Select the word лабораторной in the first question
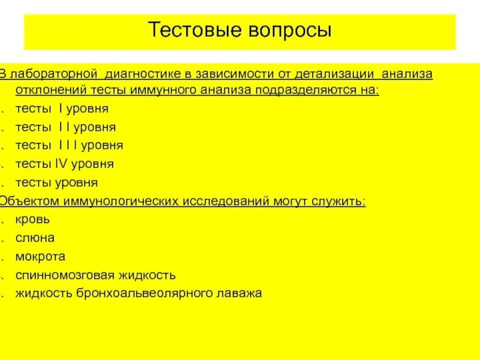pyautogui.click(x=53, y=74)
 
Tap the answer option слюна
pyautogui.click(x=35, y=238)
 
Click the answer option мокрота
pyautogui.click(x=40, y=256)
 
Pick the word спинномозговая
pyautogui.click(x=62, y=275)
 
